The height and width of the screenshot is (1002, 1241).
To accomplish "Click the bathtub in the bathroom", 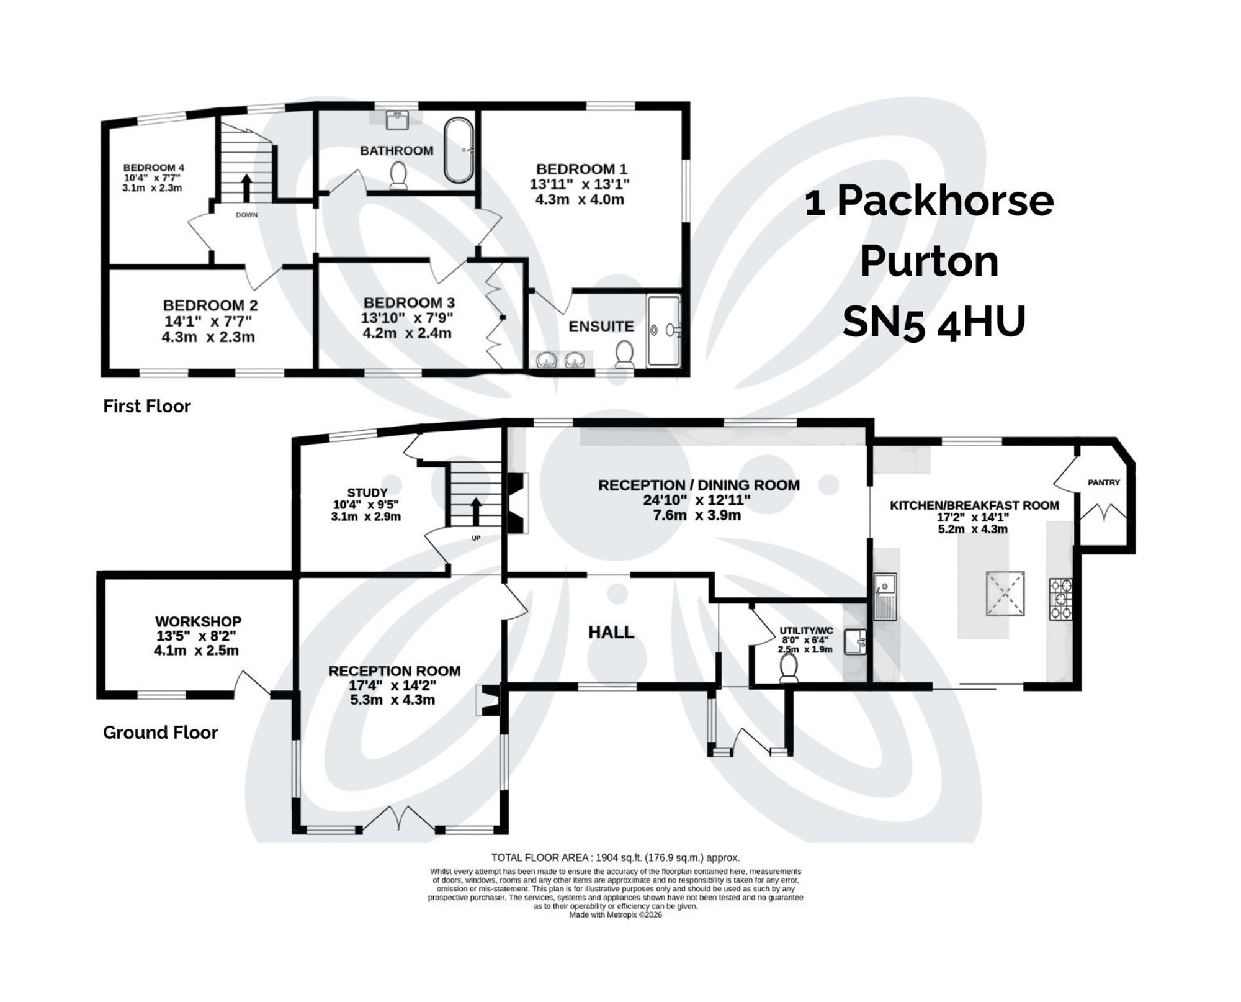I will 459,151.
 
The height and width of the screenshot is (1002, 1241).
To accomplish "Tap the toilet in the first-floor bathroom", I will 398,175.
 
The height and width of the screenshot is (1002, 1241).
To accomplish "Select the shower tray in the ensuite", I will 663,330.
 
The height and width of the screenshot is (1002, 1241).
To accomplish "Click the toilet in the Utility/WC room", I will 789,669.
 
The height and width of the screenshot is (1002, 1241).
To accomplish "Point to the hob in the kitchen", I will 1060,599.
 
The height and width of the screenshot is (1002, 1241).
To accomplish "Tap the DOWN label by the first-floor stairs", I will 246,215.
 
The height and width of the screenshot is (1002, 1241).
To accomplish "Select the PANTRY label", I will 1103,482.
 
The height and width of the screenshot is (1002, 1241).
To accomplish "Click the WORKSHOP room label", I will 198,621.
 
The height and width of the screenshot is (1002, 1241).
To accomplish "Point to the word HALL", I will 611,633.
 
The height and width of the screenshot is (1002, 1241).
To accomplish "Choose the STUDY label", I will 367,493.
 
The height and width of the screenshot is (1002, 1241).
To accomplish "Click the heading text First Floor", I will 146,406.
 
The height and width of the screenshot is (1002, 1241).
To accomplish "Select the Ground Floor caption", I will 160,733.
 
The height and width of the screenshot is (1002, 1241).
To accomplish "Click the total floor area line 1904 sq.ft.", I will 615,858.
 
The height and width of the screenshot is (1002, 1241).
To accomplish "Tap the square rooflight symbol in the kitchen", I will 1005,594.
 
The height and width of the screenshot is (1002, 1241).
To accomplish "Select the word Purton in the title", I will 929,261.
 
